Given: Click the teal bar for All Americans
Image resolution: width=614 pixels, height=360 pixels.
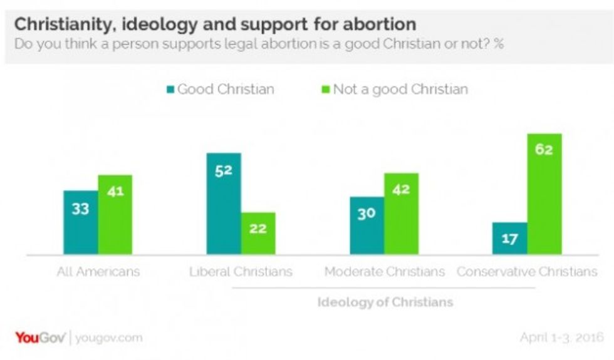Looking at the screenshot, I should (x=80, y=222).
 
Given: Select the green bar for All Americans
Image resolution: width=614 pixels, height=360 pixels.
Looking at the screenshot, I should (x=115, y=215).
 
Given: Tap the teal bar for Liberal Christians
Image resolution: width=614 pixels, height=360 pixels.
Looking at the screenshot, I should (x=224, y=203).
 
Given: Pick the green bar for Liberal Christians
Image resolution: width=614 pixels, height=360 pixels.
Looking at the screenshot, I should (x=258, y=233).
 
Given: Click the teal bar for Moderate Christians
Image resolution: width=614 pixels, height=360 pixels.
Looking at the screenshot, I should (x=367, y=225).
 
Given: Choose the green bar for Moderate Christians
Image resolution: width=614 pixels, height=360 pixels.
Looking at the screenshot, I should (x=401, y=213).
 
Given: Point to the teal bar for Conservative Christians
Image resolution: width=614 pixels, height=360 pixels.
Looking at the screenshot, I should (x=509, y=239).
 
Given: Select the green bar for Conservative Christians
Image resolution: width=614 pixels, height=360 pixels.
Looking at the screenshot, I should (x=544, y=194).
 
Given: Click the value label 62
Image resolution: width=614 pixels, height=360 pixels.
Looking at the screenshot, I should (x=544, y=150).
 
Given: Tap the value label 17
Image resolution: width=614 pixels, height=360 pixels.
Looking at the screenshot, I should (x=509, y=239).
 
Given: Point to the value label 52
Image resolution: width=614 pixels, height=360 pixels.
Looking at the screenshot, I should (x=224, y=170).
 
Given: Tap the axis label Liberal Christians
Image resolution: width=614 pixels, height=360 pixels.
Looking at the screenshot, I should (x=241, y=272).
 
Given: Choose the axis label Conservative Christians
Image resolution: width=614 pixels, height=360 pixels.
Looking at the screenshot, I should (x=527, y=272).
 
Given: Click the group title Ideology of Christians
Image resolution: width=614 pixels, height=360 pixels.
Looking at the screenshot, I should (x=385, y=302).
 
